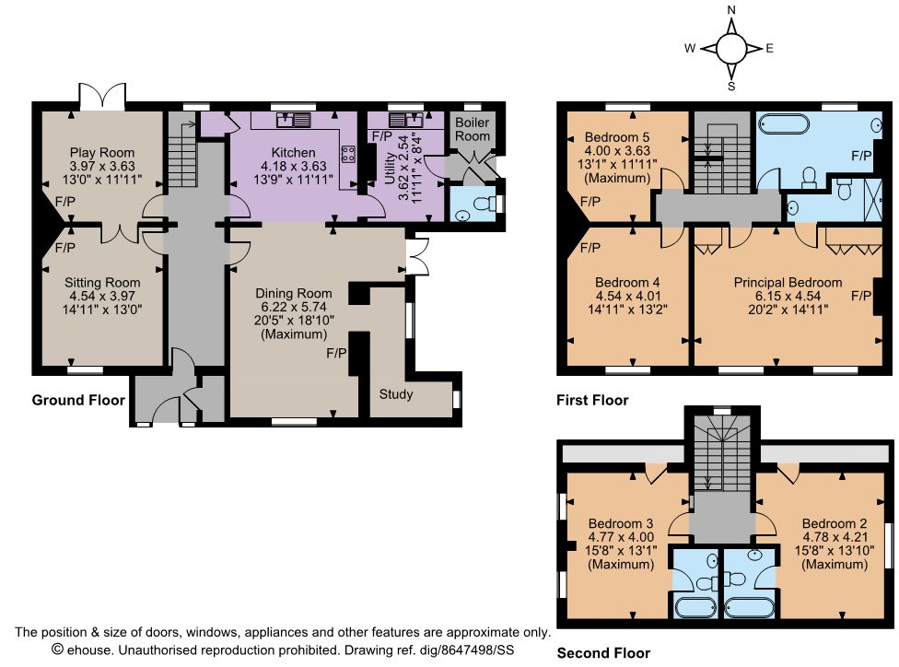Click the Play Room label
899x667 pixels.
click(x=102, y=153)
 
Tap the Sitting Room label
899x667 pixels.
click(x=102, y=282)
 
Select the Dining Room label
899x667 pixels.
click(x=294, y=294)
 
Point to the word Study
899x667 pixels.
click(x=395, y=394)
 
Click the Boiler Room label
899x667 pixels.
click(x=473, y=129)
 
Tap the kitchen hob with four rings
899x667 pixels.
click(x=348, y=153)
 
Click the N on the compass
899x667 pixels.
click(x=731, y=10)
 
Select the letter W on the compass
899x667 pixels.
click(x=690, y=48)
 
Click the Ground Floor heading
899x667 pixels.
click(x=78, y=400)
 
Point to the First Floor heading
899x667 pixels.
click(x=592, y=400)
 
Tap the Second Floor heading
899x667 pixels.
click(x=603, y=652)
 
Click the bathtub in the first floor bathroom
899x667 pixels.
click(x=784, y=123)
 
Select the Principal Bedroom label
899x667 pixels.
click(x=788, y=282)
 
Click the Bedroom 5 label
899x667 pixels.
click(x=617, y=137)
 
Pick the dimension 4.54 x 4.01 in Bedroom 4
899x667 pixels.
click(x=628, y=296)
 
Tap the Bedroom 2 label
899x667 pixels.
click(x=835, y=523)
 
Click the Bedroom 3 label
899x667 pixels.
click(x=621, y=523)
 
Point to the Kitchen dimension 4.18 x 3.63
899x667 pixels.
click(x=294, y=166)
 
